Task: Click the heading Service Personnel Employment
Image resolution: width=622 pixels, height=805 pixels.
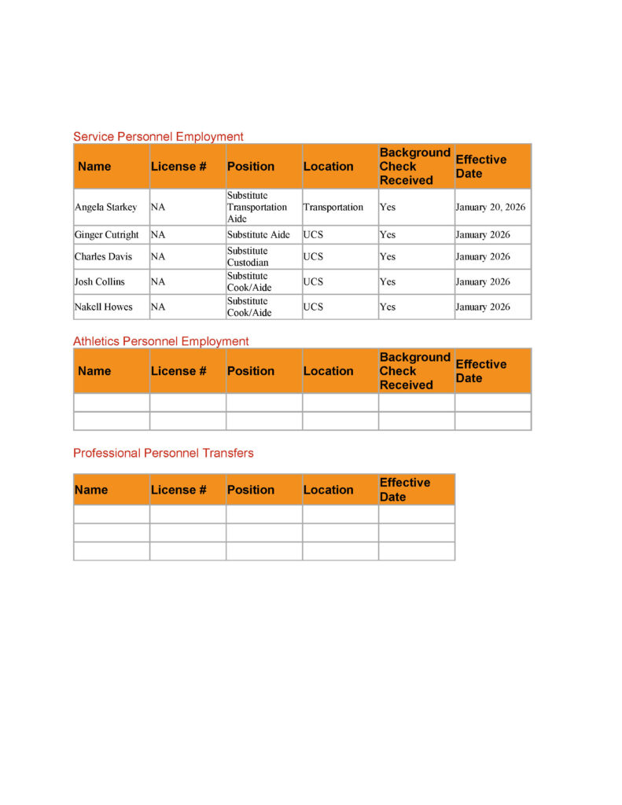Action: [158, 137]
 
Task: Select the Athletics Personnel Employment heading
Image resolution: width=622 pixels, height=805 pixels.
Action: [160, 341]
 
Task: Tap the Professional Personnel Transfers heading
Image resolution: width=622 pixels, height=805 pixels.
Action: [163, 453]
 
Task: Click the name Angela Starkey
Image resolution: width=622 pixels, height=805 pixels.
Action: [105, 208]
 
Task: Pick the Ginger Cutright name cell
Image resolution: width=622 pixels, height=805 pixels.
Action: [106, 235]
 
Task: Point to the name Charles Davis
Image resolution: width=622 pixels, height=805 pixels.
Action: [103, 257]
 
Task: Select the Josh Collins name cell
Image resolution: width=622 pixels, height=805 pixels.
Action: [99, 282]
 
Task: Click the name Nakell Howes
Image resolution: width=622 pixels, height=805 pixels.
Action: [103, 307]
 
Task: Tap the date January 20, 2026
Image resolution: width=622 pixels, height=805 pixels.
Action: [490, 208]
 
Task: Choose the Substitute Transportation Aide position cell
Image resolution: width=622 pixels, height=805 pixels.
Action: [256, 208]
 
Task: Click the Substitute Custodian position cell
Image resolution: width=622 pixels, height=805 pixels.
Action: [248, 257]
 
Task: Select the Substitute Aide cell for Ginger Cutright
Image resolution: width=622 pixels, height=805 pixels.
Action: [258, 235]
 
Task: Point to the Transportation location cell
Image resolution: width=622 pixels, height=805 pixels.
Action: [333, 208]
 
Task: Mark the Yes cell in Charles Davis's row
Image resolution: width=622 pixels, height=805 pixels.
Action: [388, 257]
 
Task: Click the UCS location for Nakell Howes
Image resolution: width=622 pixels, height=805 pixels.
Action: [313, 307]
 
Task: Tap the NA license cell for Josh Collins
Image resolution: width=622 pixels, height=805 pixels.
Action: [158, 282]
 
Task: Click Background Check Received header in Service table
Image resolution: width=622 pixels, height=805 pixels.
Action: [414, 167]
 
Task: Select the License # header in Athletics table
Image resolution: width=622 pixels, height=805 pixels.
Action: [179, 371]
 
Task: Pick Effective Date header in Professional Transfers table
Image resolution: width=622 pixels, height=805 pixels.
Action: [404, 490]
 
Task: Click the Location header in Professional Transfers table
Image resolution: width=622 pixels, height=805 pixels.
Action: [328, 490]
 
